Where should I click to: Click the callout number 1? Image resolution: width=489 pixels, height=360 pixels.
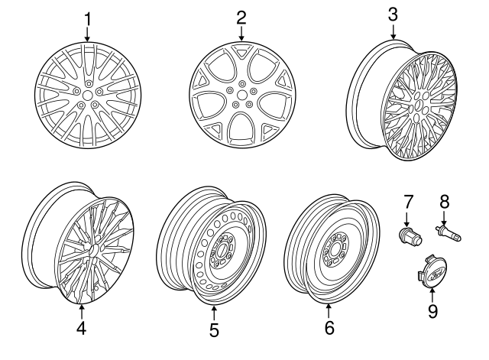[x=88, y=19]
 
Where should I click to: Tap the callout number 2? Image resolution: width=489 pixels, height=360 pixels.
[x=241, y=18]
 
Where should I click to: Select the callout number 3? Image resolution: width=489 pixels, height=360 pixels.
[x=393, y=15]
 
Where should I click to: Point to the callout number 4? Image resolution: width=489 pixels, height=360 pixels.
[x=81, y=328]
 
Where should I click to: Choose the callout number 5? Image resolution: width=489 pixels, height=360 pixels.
[x=214, y=330]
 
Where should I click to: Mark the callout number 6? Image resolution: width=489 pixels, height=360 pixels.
[x=329, y=328]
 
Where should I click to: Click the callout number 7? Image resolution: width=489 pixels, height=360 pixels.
[x=408, y=202]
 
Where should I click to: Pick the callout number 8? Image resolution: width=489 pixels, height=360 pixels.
[x=445, y=202]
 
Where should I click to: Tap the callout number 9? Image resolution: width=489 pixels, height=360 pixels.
[x=432, y=311]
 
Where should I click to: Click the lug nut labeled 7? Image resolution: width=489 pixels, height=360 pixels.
[x=410, y=236]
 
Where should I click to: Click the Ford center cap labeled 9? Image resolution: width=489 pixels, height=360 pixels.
[x=432, y=271]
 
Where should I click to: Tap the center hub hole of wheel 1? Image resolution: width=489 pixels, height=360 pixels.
[x=88, y=95]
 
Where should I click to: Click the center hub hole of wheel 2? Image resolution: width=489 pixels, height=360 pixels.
[x=241, y=95]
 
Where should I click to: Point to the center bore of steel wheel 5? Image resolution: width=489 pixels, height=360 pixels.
[x=222, y=250]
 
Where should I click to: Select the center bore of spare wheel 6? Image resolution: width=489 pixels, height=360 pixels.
[x=335, y=250]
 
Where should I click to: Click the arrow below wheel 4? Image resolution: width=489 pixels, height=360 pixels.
[x=82, y=311]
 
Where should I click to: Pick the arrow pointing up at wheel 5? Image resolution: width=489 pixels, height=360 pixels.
[x=214, y=313]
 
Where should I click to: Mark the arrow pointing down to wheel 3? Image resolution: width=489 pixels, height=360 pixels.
[x=393, y=31]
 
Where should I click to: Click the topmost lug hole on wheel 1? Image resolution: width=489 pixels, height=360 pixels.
[x=89, y=83]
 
